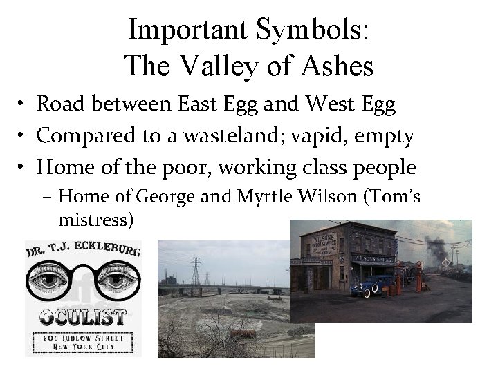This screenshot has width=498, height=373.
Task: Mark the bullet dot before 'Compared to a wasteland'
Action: (24, 136)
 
